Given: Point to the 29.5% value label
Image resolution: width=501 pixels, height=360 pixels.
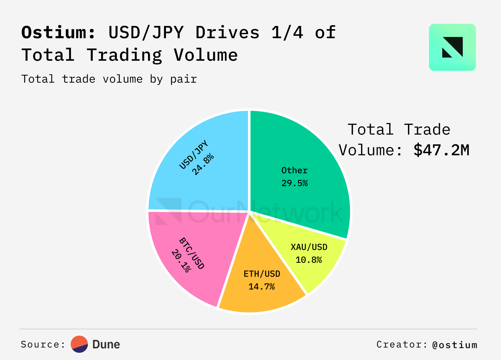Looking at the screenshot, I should [294, 183].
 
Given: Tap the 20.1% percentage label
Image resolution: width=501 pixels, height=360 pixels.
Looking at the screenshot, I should [181, 261].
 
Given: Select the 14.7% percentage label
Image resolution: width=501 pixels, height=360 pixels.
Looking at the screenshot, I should [261, 286].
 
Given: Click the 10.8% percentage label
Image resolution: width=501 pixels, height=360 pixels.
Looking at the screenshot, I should [309, 260].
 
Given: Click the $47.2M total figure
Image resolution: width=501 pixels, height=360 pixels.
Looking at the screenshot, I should [441, 150].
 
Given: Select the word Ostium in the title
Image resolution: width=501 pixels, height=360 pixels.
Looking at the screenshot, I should [58, 32].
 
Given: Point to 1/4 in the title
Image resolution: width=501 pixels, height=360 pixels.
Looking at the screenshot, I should [287, 32].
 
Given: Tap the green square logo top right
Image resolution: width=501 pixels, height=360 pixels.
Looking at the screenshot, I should [452, 47].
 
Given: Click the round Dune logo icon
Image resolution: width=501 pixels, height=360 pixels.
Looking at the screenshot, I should [79, 344].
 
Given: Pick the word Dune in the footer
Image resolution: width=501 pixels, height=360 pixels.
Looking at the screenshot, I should [106, 344].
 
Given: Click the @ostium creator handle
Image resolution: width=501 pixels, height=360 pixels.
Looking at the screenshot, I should [455, 345].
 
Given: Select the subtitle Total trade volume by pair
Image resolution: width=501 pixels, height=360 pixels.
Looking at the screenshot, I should [109, 79].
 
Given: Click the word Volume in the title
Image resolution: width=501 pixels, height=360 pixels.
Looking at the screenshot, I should [206, 55].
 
